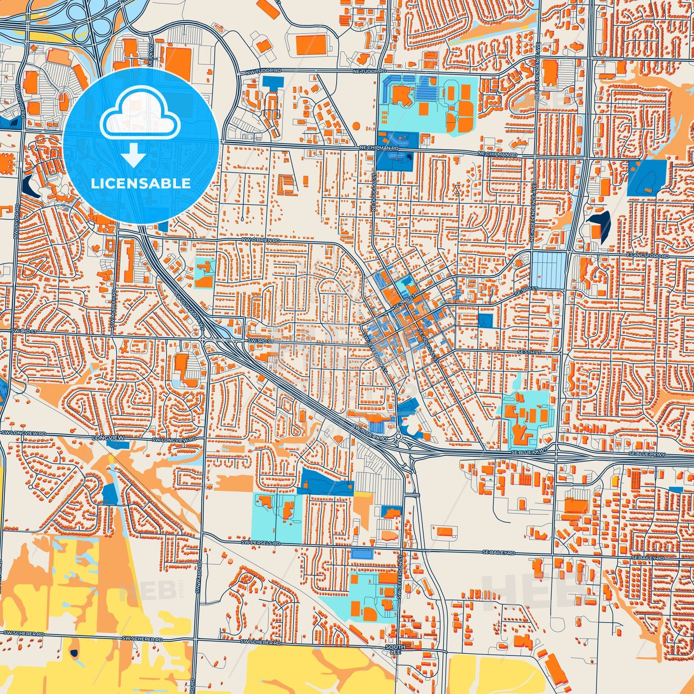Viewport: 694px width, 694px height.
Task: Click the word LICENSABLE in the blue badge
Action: (141, 183)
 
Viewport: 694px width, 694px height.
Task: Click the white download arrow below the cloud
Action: (134, 155)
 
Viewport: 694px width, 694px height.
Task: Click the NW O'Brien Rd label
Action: (260, 240)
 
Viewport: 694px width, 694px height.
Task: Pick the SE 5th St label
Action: (529, 353)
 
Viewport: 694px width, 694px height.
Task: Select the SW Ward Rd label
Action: (197, 579)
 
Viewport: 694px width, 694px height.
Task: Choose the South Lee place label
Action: (395, 649)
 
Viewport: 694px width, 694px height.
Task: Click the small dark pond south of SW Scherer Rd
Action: (73, 653)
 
